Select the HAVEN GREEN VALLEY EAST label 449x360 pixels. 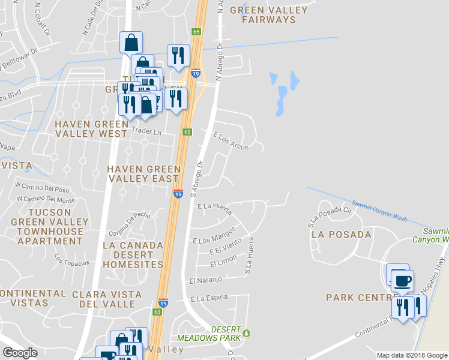143,174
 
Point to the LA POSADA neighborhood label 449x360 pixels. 341,235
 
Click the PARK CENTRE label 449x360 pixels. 358,298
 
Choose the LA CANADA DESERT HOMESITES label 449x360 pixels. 133,254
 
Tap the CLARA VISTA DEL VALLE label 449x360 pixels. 107,299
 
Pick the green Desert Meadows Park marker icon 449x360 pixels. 245,333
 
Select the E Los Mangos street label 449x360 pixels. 215,235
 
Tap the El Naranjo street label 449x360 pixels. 206,280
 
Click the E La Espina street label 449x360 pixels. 209,298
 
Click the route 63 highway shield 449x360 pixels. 157,312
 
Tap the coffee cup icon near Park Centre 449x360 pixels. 402,280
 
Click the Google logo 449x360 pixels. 20,353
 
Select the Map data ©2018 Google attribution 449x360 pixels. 412,355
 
